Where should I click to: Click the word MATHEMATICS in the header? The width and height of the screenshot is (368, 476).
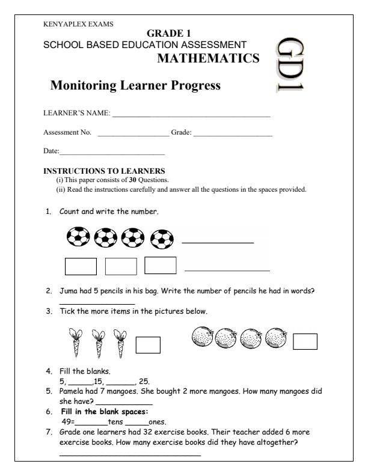click(208, 58)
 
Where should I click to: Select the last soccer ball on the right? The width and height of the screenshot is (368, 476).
click(161, 240)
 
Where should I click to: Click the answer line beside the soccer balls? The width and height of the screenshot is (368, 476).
click(217, 243)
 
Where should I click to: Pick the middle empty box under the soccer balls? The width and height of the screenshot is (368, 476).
click(121, 266)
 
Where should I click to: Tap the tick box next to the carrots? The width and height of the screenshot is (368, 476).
click(148, 345)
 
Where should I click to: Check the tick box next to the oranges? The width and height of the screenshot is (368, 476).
click(305, 341)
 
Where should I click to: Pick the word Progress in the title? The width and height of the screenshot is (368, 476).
click(189, 86)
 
